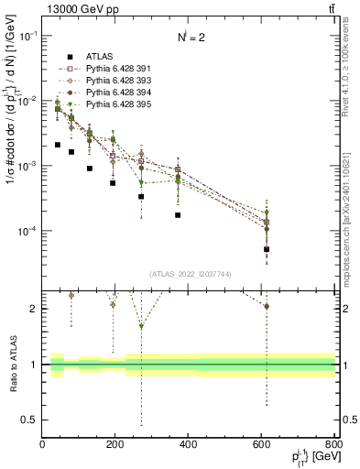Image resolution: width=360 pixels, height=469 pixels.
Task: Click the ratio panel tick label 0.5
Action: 30,420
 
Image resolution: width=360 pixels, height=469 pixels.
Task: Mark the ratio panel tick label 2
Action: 34,309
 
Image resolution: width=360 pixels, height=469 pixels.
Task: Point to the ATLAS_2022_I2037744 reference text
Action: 189,274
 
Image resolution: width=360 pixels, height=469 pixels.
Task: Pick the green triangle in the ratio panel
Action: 141,326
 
